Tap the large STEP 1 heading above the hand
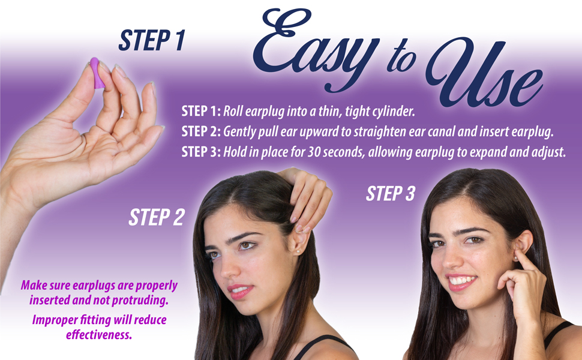pyautogui.click(x=151, y=40)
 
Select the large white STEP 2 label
pyautogui.click(x=156, y=217)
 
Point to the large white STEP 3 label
pyautogui.click(x=390, y=194)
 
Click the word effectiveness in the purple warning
pyautogui.click(x=98, y=334)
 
